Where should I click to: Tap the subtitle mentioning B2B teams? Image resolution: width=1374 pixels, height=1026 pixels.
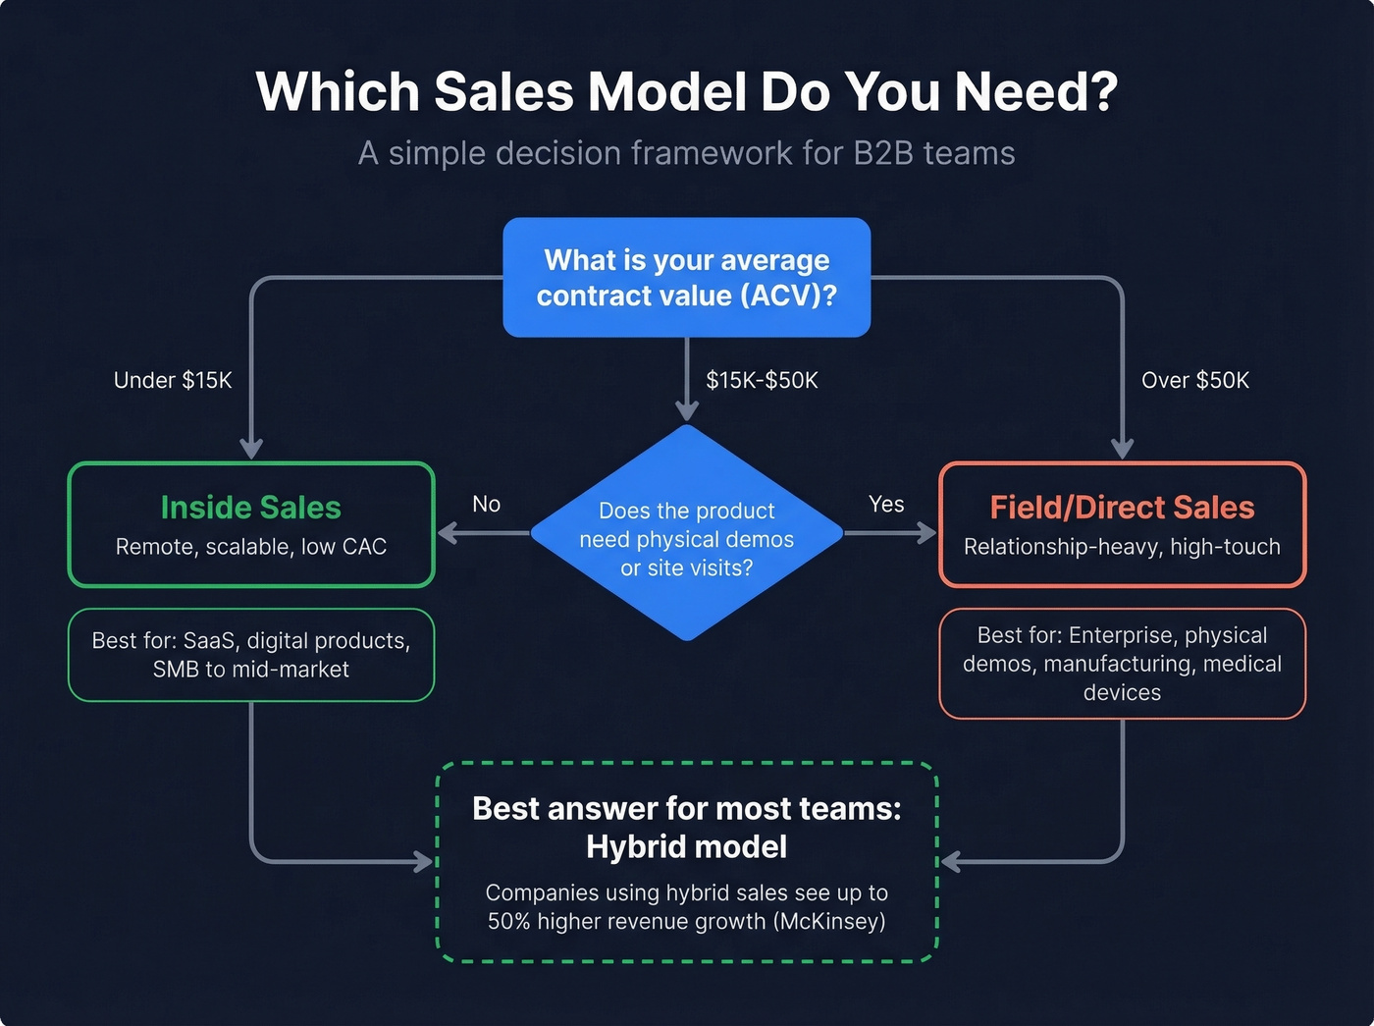tap(686, 154)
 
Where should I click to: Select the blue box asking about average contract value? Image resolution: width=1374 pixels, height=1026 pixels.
tap(686, 278)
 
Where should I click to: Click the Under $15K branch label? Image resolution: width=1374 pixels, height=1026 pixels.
tap(173, 381)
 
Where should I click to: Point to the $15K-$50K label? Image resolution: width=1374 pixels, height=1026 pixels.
tap(762, 381)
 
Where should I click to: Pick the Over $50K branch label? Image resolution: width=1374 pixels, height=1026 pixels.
tap(1194, 381)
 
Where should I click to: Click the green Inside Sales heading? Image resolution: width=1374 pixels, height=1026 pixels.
tap(251, 508)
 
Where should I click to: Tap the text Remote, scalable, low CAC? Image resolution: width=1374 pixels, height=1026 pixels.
tap(251, 547)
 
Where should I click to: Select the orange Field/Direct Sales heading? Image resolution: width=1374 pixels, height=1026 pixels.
tap(1122, 508)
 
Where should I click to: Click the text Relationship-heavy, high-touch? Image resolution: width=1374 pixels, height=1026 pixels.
tap(1122, 547)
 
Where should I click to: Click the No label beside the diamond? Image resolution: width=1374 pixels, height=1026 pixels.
tap(486, 505)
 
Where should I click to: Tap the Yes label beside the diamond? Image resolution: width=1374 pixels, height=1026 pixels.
tap(886, 505)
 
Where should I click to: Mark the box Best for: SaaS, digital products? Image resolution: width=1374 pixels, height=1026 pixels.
tap(251, 655)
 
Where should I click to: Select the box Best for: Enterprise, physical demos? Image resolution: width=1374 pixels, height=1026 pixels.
tap(1122, 664)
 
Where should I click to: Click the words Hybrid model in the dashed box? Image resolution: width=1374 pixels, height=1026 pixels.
tap(686, 847)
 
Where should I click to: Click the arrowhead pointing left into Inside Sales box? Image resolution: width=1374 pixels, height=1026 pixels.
tap(447, 533)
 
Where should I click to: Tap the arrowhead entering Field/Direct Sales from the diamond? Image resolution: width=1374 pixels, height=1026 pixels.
tap(928, 533)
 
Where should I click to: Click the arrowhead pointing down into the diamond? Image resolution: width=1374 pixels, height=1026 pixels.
tap(687, 410)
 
